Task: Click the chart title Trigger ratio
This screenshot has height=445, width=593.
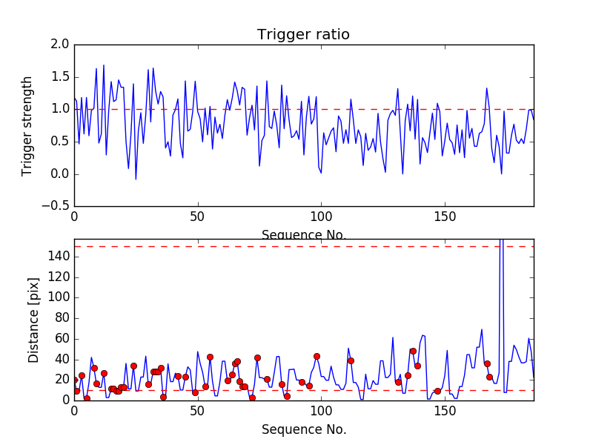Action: pyautogui.click(x=303, y=35)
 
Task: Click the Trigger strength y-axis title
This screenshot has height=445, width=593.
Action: pyautogui.click(x=28, y=125)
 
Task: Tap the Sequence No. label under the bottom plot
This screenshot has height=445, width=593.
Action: pyautogui.click(x=303, y=429)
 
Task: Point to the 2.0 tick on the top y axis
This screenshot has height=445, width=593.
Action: pyautogui.click(x=61, y=44)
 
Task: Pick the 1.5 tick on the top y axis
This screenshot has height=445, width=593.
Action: pyautogui.click(x=61, y=77)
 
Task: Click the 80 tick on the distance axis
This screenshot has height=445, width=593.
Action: pyautogui.click(x=62, y=318)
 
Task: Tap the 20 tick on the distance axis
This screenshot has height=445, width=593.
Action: pyautogui.click(x=62, y=380)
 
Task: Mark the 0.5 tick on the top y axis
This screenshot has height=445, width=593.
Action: pyautogui.click(x=61, y=142)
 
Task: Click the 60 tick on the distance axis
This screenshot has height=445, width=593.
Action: pyautogui.click(x=62, y=339)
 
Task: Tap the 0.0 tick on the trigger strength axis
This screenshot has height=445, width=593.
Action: pyautogui.click(x=61, y=174)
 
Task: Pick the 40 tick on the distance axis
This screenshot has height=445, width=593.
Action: pyautogui.click(x=62, y=359)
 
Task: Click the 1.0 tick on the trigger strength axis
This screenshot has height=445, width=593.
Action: pyautogui.click(x=61, y=109)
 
